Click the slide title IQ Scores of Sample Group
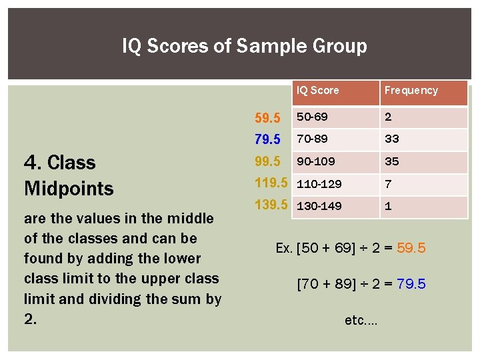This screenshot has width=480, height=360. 244,46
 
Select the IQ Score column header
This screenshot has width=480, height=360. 318,91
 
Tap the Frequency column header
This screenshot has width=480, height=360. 411,91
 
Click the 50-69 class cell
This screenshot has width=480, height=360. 312,117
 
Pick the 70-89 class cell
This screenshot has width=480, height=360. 312,139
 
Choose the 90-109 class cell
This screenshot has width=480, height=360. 316,161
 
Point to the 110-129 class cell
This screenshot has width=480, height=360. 319,183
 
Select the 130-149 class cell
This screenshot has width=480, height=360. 319,206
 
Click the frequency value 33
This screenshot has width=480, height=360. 391,139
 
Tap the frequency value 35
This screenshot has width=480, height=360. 391,161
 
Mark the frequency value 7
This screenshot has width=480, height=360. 388,183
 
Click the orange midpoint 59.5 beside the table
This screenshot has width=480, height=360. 268,119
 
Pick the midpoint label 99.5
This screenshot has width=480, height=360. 268,162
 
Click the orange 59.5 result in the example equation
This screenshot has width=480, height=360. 411,249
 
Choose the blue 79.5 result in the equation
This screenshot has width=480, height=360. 411,285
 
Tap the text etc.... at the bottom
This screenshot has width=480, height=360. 361,321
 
